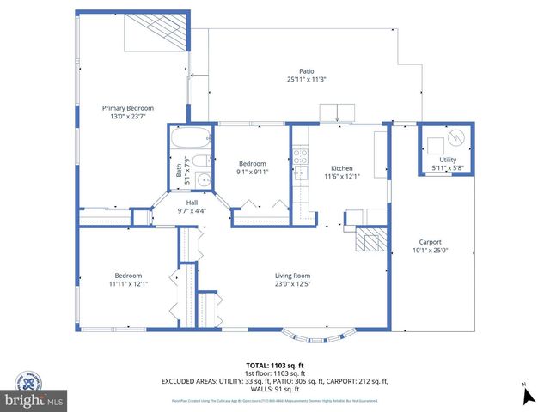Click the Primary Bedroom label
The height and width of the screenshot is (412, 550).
click(128, 108)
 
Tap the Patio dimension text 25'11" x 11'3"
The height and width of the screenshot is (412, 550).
click(306, 79)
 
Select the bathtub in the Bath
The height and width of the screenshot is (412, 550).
click(190, 138)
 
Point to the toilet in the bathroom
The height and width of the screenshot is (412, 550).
click(198, 162)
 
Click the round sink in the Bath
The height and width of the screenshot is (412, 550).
click(203, 179)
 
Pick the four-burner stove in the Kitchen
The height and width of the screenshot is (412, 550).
click(301, 156)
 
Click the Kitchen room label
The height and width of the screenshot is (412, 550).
click(342, 168)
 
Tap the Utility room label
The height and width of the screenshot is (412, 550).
click(448, 160)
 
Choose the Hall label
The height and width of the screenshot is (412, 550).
click(192, 203)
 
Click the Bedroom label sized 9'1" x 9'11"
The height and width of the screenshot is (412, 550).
click(253, 163)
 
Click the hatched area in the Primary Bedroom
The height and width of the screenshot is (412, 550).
click(157, 36)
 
